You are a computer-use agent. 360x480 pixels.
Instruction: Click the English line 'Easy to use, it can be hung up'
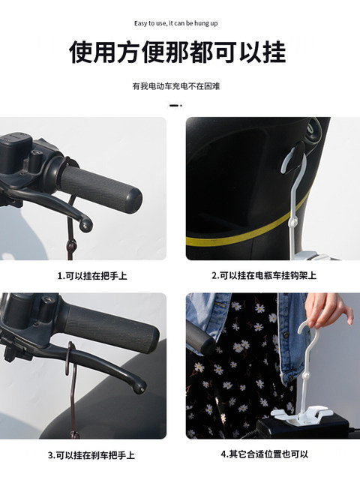175,23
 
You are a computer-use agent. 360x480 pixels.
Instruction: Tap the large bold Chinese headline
178,52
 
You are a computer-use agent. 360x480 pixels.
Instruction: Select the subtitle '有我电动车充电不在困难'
176,86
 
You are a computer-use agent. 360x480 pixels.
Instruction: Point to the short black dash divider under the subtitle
175,106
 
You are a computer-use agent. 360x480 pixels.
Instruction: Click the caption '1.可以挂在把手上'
92,276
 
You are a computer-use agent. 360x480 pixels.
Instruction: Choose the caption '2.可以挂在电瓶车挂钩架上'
264,275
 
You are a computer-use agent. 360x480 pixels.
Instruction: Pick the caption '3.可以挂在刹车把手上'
91,455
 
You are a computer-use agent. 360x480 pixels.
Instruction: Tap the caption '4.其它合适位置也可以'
264,454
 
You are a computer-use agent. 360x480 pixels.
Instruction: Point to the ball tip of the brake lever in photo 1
85,225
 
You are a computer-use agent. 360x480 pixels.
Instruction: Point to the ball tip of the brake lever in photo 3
141,388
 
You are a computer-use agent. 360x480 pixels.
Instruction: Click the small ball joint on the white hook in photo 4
305,376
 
